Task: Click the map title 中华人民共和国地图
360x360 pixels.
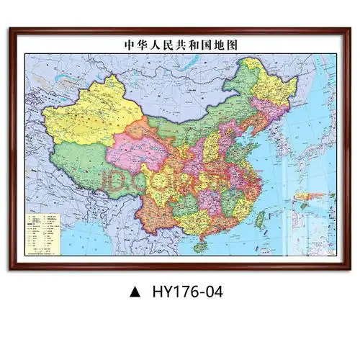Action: pyautogui.click(x=180, y=44)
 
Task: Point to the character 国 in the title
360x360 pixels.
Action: pyautogui.click(x=203, y=44)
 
